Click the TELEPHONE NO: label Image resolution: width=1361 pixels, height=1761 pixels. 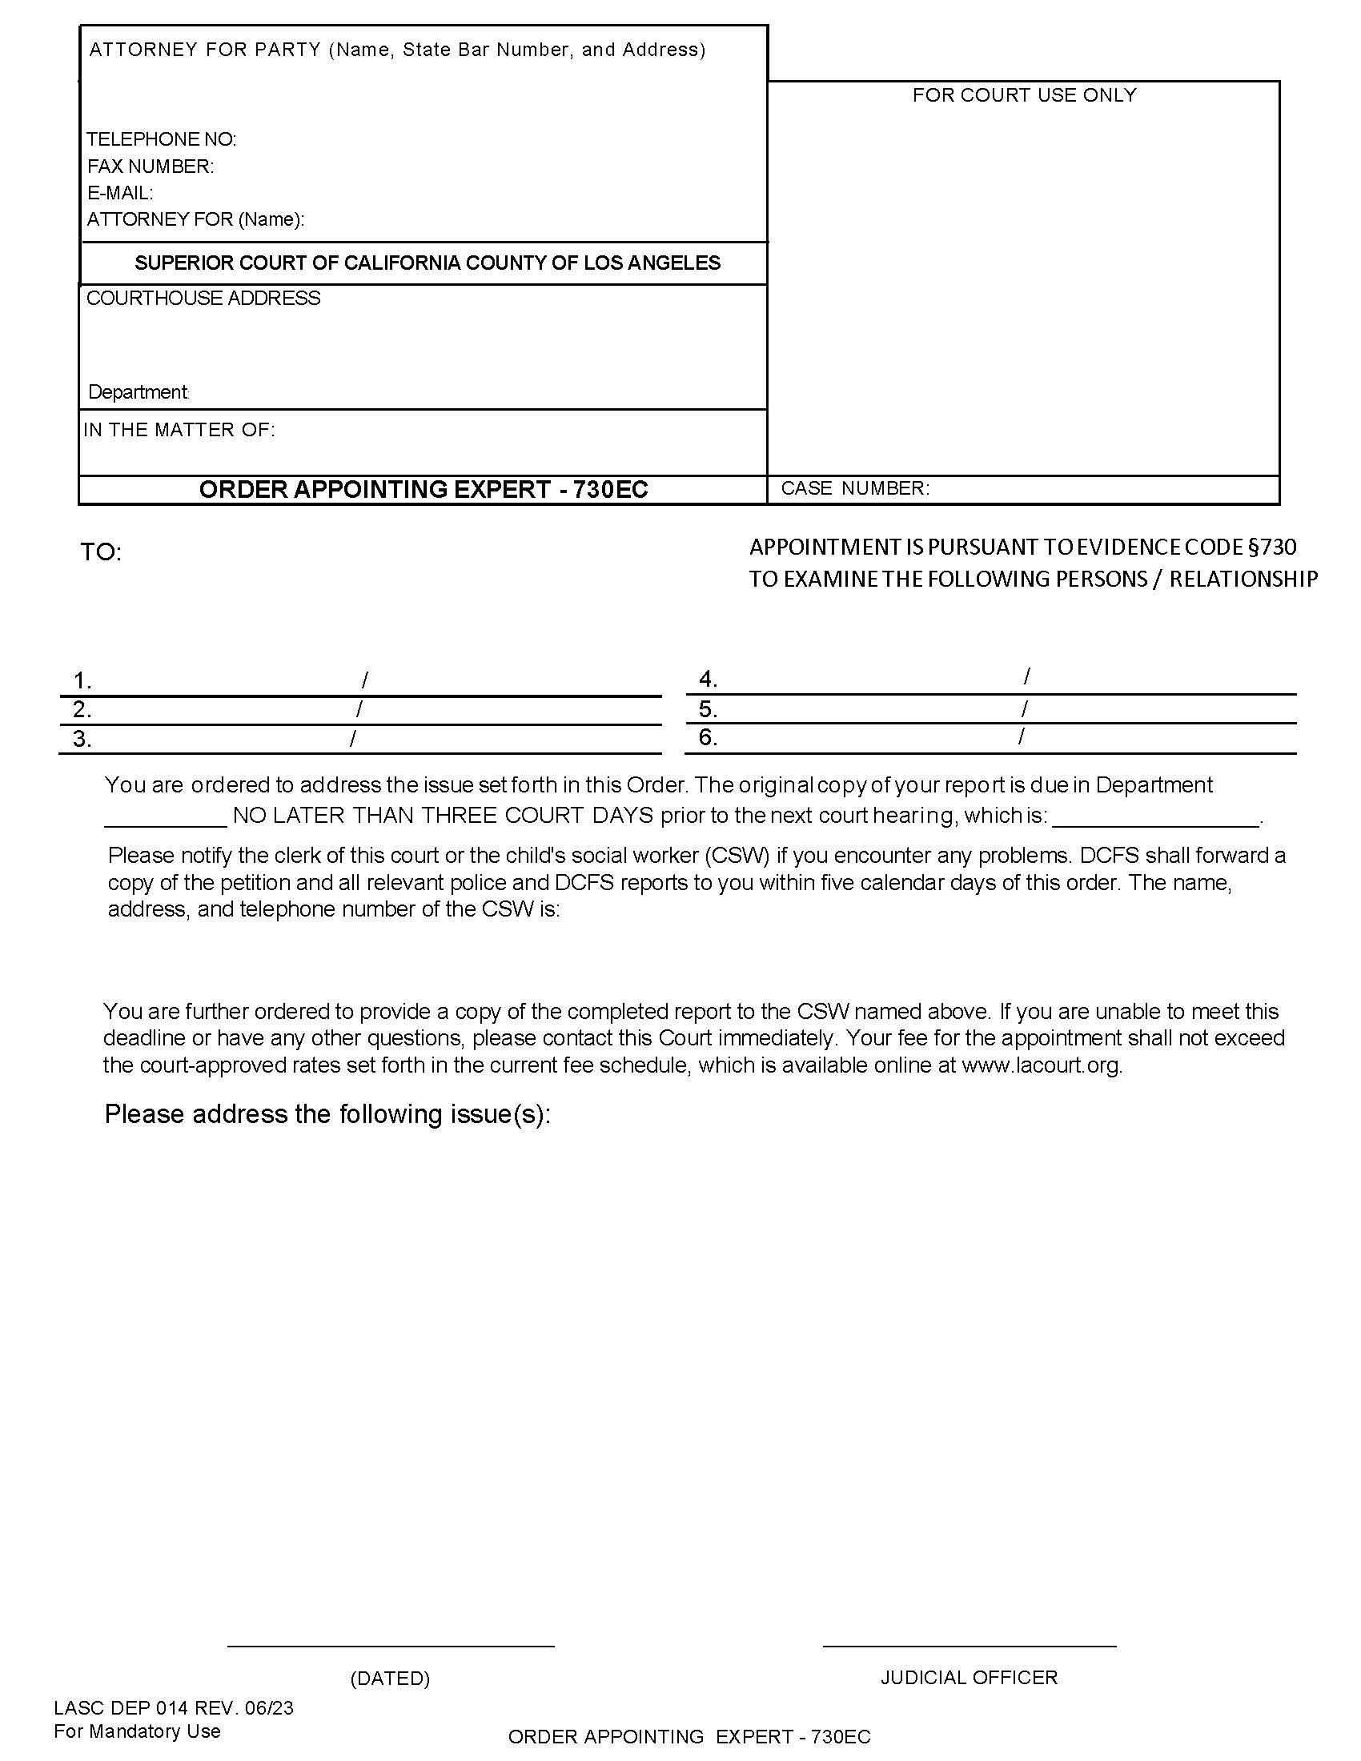161,139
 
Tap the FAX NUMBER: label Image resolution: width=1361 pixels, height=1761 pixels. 150,166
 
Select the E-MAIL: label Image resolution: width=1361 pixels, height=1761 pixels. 119,193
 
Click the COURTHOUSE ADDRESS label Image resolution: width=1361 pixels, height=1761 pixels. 203,299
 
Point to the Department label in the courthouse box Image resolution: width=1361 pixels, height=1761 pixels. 138,392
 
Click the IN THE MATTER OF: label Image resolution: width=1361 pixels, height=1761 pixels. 179,430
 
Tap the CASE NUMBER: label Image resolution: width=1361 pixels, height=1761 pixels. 855,488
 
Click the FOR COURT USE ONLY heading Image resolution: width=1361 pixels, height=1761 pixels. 1024,95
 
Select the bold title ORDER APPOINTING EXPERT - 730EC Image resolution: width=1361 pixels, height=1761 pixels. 424,489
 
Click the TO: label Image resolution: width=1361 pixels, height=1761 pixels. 101,552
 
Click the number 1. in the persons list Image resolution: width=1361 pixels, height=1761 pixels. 82,681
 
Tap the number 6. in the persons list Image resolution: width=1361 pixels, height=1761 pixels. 708,737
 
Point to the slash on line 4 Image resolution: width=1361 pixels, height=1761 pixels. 1026,676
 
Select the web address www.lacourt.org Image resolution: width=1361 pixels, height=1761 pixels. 1041,1065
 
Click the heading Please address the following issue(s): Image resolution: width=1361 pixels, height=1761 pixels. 327,1114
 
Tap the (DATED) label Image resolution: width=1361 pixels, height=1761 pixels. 390,1679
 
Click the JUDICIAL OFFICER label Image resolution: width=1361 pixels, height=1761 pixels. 969,1678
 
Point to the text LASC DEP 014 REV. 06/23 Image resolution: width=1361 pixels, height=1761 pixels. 174,1708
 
